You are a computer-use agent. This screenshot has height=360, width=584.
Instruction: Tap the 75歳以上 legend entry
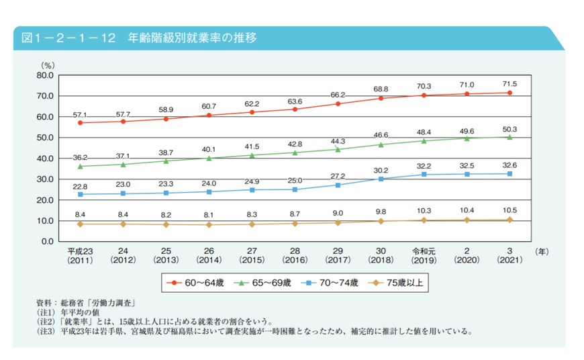[396, 283]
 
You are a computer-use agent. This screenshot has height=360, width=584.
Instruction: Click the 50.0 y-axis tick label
[44, 138]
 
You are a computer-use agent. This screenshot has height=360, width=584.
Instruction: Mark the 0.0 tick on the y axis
[46, 241]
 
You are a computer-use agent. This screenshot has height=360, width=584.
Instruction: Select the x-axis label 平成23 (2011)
[81, 255]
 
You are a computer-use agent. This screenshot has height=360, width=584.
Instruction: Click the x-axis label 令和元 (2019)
[424, 255]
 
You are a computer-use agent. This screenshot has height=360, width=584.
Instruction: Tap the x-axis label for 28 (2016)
[295, 255]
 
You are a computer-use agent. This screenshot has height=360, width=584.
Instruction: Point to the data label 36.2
[81, 157]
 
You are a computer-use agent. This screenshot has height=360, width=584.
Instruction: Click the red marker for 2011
[81, 123]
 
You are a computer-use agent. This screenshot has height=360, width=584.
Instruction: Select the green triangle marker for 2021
[510, 137]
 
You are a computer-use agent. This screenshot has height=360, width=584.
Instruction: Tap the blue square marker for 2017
[338, 185]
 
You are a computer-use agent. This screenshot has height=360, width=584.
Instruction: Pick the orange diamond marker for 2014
[209, 224]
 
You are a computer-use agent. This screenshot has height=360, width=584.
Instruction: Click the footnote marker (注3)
[48, 331]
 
